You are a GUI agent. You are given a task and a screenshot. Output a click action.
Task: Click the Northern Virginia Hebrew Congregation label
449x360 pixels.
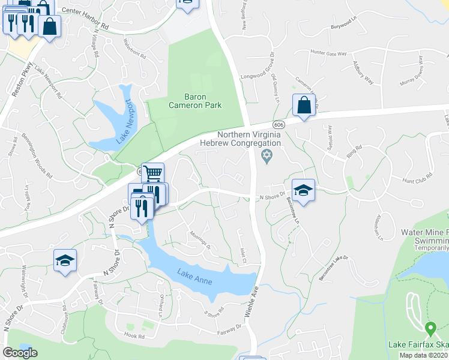click(249, 139)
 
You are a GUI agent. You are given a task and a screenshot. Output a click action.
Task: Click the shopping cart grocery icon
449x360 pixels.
click(153, 173)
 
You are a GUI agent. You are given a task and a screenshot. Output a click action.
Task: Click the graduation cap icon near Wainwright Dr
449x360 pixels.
click(65, 260)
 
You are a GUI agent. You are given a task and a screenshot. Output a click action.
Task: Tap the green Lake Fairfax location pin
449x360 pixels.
click(430, 329)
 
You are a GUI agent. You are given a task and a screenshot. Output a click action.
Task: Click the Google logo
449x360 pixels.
click(20, 353)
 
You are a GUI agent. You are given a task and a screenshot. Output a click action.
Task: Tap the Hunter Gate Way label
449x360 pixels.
click(328, 53)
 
